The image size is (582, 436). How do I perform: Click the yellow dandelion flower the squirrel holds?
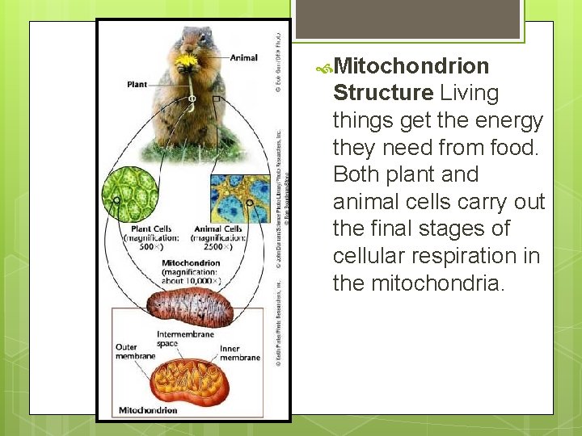tap(188, 61)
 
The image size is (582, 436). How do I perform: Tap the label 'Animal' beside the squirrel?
tap(243, 58)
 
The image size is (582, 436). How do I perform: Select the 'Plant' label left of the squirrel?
tap(137, 84)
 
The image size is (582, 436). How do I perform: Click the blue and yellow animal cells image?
tap(239, 199)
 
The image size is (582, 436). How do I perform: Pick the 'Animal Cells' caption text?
tap(218, 229)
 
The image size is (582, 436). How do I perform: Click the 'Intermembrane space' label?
tap(186, 339)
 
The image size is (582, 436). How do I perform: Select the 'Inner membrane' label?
tap(239, 354)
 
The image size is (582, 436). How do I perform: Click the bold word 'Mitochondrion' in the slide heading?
tap(411, 65)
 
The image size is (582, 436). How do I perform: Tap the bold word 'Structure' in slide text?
tap(383, 93)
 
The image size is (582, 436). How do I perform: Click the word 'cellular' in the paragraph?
tap(361, 256)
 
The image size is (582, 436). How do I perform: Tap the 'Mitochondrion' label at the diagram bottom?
tap(149, 410)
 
